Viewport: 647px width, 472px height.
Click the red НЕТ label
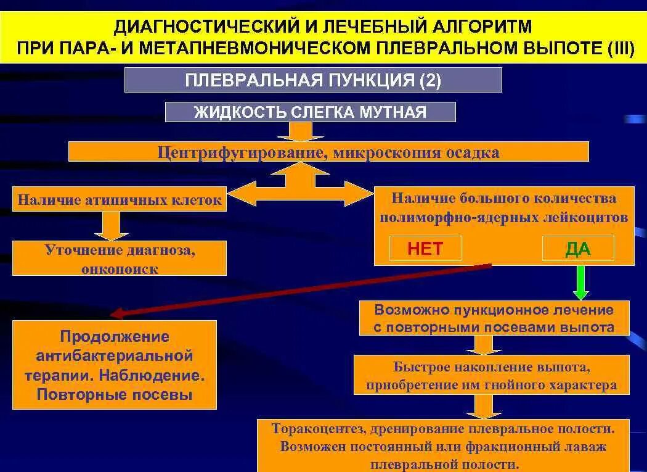tap(425, 249)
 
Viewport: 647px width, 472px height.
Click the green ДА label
tap(577, 249)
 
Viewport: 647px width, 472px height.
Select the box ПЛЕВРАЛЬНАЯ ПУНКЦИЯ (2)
tap(313, 80)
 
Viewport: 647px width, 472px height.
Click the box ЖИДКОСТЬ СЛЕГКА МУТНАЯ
tap(310, 112)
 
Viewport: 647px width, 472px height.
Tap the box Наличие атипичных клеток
tap(120, 200)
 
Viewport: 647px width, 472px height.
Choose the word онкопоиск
tap(120, 269)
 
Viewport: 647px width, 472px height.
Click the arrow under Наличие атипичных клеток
tap(111, 226)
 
